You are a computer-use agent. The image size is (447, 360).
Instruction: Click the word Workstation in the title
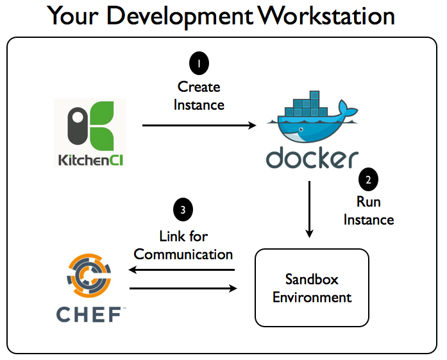coord(326,15)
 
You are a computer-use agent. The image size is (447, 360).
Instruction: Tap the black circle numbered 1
coord(199,64)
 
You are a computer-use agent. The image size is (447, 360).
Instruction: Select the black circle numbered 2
coord(368,180)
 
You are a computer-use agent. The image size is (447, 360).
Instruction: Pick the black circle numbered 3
coord(183,210)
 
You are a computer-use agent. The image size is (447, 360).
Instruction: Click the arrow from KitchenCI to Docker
coord(199,125)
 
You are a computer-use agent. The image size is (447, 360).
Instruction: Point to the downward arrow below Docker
coord(309,209)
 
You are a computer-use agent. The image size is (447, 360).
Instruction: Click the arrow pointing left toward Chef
coord(181,270)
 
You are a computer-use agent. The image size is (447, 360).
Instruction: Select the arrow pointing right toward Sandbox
coord(183,288)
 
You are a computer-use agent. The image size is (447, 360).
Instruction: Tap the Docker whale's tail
coord(347,109)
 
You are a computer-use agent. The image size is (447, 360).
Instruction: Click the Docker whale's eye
coord(301,130)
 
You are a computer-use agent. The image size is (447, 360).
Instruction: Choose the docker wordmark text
coord(312,157)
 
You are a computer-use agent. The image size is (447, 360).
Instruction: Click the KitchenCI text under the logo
coord(90,160)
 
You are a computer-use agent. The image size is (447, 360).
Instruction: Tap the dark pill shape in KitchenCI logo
coord(78,126)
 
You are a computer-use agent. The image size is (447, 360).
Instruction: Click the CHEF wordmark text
coord(89,314)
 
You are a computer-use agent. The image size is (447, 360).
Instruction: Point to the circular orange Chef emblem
coord(89,275)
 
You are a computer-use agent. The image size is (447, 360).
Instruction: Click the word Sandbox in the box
coord(312,279)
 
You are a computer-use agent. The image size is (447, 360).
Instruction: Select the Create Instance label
coord(199,96)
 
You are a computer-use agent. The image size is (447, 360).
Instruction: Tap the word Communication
coord(183,254)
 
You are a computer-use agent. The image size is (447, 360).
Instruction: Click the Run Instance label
coord(369,211)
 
